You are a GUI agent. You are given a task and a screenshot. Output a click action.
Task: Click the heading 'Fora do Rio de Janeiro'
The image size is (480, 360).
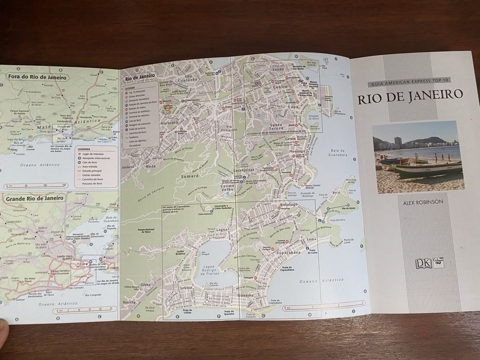click(37, 77)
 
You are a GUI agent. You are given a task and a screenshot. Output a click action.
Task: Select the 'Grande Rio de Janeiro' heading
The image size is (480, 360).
click(35, 197)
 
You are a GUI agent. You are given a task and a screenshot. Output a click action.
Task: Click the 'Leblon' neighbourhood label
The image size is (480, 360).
click(186, 289)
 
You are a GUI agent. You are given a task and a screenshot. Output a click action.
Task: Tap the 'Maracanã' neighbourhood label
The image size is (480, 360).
click(169, 123)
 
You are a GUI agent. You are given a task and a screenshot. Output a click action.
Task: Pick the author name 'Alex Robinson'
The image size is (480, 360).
click(423, 202)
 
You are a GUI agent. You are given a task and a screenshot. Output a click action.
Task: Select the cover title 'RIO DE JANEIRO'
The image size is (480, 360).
click(410, 96)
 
